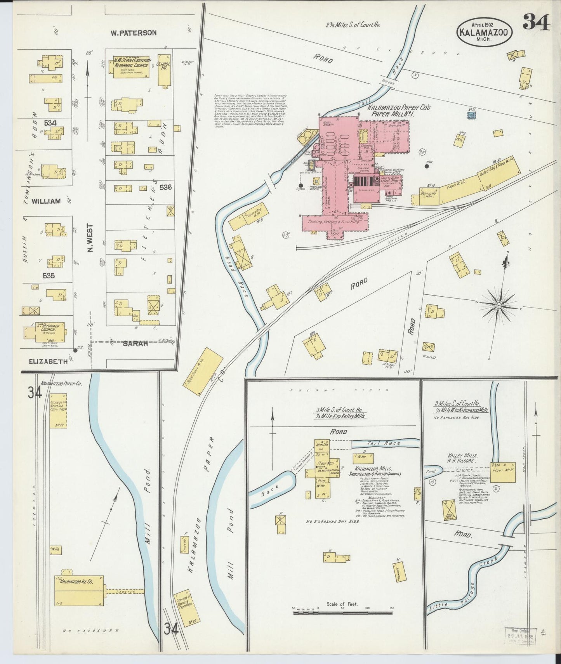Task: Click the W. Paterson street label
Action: [x=133, y=33]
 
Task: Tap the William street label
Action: [x=46, y=202]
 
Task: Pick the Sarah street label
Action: [x=135, y=343]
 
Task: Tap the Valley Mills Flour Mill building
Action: [x=503, y=472]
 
